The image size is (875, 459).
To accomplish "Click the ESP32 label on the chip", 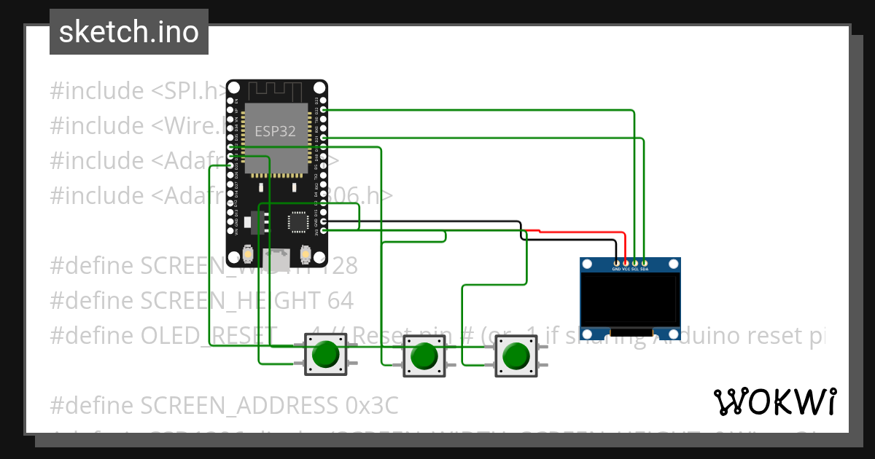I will tap(276, 131).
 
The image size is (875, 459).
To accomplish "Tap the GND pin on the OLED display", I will tap(617, 262).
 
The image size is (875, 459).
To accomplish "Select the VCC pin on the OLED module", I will tap(626, 262).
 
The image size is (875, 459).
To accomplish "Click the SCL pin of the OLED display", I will tap(635, 262).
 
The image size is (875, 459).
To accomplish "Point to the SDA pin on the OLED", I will tap(644, 262).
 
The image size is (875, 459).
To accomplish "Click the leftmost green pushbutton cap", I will tap(326, 356).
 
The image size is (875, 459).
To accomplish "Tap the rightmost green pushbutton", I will tap(516, 356).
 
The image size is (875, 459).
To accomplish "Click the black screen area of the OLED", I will tap(630, 299).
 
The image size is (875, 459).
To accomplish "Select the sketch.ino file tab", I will tap(129, 32).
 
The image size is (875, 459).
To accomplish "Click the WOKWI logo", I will tap(774, 401).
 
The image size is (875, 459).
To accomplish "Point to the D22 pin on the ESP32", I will tap(323, 110).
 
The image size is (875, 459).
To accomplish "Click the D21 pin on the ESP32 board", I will tap(323, 138).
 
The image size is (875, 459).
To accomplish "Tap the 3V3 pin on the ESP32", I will tap(323, 231).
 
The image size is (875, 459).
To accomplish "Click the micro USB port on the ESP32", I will tap(276, 256).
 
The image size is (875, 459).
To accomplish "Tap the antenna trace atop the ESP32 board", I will tap(276, 91).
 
